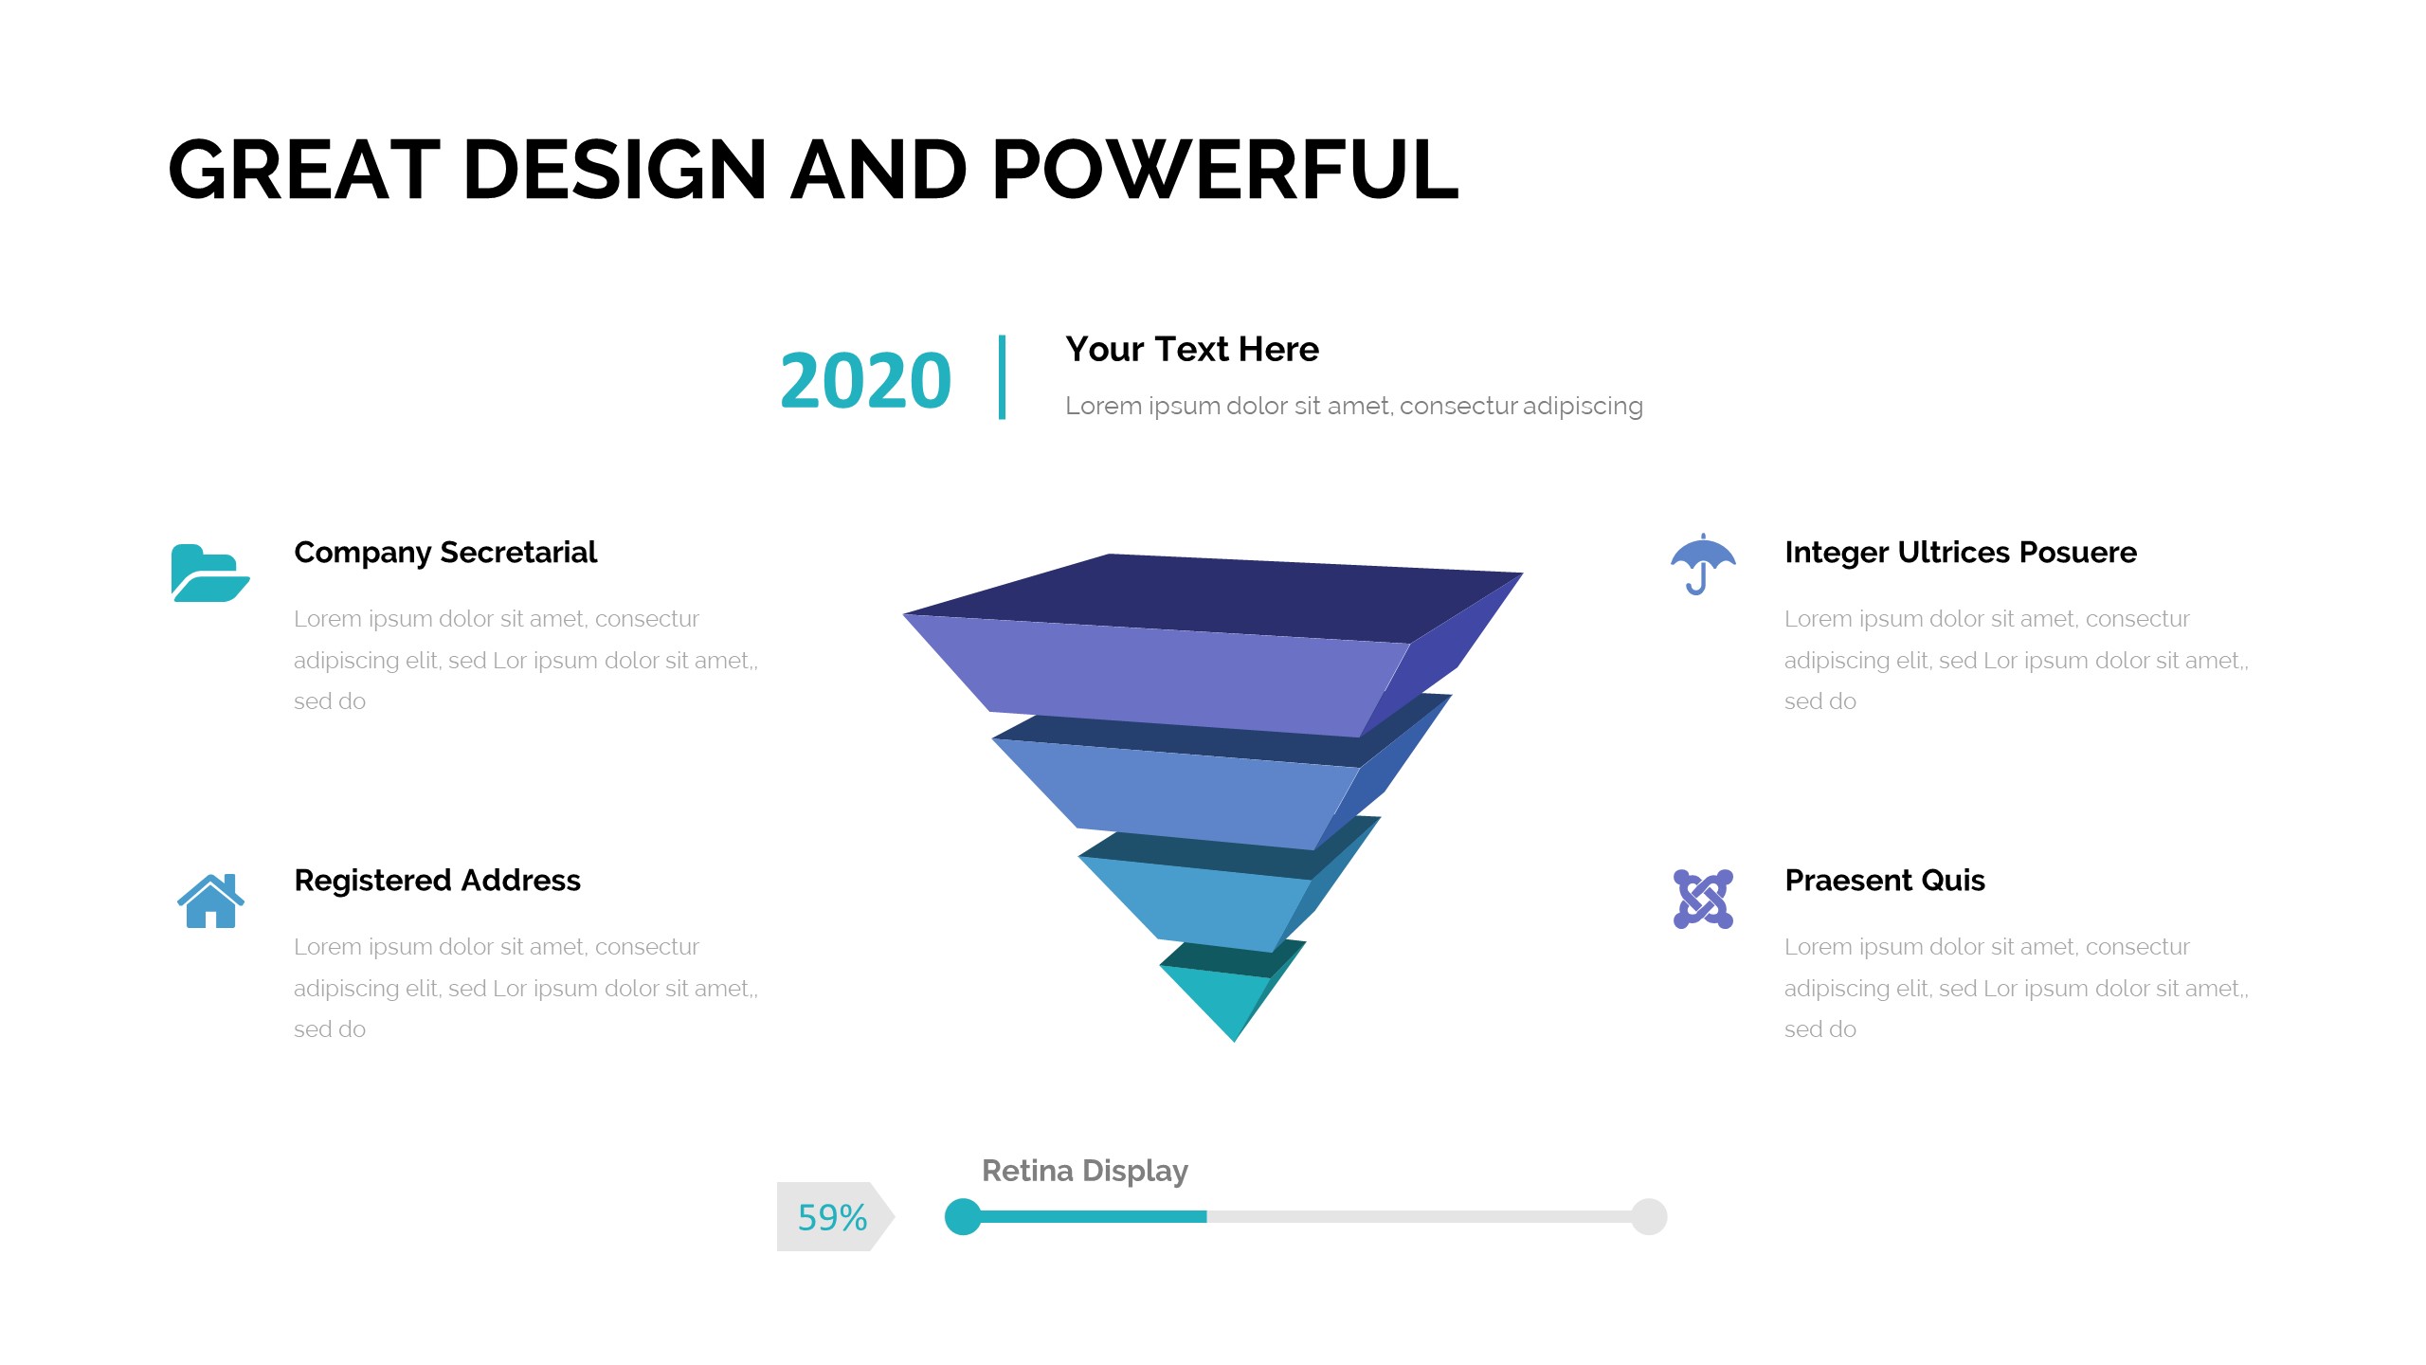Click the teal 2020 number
(x=865, y=381)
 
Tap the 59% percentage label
(x=832, y=1218)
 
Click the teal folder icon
(x=210, y=573)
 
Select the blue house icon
(x=210, y=901)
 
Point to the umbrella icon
(x=1703, y=564)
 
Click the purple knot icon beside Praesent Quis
(x=1703, y=899)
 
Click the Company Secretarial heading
(x=445, y=553)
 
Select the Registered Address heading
(x=437, y=881)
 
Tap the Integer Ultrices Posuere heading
(x=1961, y=553)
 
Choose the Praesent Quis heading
(x=1885, y=881)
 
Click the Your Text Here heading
(x=1192, y=350)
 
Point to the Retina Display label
(x=1085, y=1172)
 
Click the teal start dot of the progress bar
(x=963, y=1217)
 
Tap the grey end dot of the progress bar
(x=1649, y=1217)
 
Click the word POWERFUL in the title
(x=1224, y=170)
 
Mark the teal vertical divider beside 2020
(x=1002, y=377)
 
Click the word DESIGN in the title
(x=614, y=170)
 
